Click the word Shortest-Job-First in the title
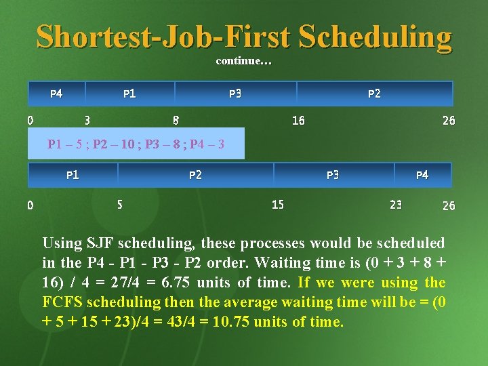point(163,37)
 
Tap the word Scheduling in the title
point(374,37)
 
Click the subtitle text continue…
point(244,61)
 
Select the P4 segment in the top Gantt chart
point(56,94)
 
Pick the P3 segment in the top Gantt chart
point(235,94)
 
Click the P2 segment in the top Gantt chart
point(374,94)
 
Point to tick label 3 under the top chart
point(87,121)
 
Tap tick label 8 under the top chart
point(176,121)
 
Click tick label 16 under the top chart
point(298,121)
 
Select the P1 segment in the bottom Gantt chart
point(73,175)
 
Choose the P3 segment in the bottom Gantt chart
point(333,175)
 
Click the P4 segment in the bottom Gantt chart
point(422,175)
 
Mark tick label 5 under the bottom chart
point(120,203)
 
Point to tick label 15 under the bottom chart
point(278,203)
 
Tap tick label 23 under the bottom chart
point(396,203)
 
